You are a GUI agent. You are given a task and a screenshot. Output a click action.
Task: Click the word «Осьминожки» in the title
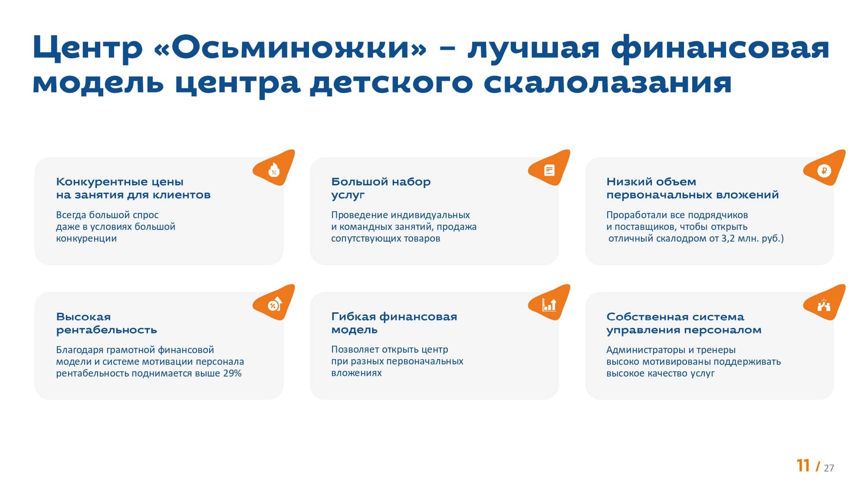(x=290, y=48)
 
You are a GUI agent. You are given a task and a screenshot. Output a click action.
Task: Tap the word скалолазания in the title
(x=607, y=82)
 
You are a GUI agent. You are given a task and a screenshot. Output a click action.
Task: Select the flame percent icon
(x=274, y=170)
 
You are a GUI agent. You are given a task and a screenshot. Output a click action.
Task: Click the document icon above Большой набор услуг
(x=549, y=170)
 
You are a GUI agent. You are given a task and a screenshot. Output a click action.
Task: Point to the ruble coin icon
(x=824, y=170)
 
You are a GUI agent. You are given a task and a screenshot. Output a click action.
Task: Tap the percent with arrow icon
(x=274, y=305)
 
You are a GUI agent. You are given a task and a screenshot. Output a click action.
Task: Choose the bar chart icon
(x=549, y=305)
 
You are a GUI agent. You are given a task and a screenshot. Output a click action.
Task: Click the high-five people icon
(x=824, y=305)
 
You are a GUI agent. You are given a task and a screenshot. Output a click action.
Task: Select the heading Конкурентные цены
(x=120, y=182)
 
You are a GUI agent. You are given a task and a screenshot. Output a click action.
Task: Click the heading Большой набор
(x=381, y=182)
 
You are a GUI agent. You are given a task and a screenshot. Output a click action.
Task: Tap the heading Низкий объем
(x=651, y=182)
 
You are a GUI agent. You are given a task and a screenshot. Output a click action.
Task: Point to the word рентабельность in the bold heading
(x=106, y=330)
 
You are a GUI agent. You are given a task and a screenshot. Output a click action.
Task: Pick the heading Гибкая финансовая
(x=394, y=317)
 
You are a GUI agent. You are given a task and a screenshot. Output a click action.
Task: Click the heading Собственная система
(x=675, y=317)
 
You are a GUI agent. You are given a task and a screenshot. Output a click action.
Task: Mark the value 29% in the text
(x=232, y=373)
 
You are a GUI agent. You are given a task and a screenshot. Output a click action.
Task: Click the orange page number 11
(x=803, y=465)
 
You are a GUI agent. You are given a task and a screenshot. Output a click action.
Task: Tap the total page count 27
(x=829, y=468)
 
